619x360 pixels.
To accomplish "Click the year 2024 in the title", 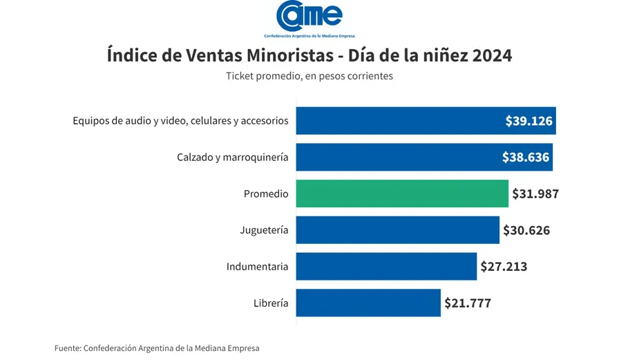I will pyautogui.click(x=492, y=55).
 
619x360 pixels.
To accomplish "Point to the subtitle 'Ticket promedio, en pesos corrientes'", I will pyautogui.click(x=309, y=76).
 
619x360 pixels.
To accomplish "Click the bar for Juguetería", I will pyautogui.click(x=397, y=230).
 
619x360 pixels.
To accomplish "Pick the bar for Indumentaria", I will pyautogui.click(x=386, y=266).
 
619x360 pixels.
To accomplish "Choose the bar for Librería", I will pyautogui.click(x=368, y=303).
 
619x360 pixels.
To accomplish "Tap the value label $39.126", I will pyautogui.click(x=528, y=121).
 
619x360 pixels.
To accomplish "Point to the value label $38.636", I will pyautogui.click(x=526, y=158).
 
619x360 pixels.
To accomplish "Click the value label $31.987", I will pyautogui.click(x=535, y=193).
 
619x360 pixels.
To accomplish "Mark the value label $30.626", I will pyautogui.click(x=526, y=230).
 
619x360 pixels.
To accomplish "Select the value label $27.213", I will pyautogui.click(x=504, y=266).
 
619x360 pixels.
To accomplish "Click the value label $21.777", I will pyautogui.click(x=468, y=303).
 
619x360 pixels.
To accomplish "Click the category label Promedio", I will pyautogui.click(x=266, y=194).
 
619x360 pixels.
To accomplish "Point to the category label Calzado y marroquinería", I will pyautogui.click(x=232, y=158).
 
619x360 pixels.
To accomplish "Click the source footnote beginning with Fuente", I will pyautogui.click(x=157, y=348).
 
